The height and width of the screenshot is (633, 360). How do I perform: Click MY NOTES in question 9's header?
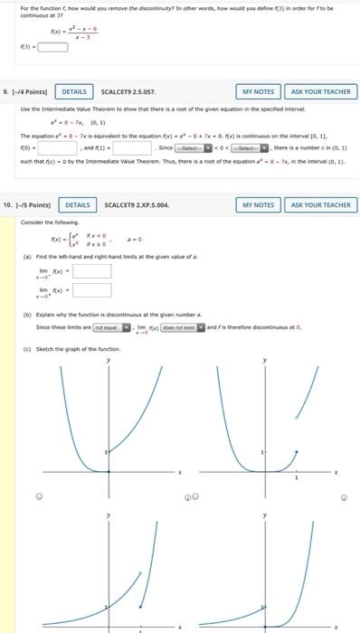coord(258,92)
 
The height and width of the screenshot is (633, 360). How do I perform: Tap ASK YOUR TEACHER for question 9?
coord(320,92)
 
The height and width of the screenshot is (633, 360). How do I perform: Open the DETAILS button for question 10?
coord(78,205)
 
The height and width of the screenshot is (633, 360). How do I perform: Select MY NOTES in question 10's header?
coord(258,205)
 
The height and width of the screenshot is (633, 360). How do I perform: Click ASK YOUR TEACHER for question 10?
coord(320,205)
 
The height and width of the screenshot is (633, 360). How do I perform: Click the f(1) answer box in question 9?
coord(132,147)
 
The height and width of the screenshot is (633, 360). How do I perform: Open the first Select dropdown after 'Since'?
coord(194,147)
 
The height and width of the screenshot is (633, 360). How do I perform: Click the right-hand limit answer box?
coord(92,290)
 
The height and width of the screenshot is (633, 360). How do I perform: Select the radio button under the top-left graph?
coord(39,496)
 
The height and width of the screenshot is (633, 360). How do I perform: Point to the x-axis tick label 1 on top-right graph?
coord(305,480)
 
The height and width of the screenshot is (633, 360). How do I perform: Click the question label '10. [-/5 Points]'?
coord(29,205)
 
